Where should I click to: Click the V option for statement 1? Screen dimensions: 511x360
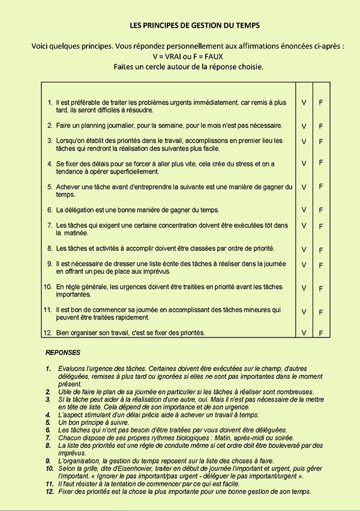[304, 103]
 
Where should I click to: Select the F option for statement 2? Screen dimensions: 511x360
[321, 126]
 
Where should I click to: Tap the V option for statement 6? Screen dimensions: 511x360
[304, 210]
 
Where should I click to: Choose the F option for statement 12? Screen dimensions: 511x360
[321, 333]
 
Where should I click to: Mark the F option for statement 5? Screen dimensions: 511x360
[321, 186]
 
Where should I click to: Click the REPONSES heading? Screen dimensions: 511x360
[63, 352]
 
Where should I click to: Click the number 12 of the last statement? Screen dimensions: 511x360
[47, 333]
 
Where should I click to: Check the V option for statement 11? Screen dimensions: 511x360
[304, 312]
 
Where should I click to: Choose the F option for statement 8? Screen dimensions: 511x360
[321, 250]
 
